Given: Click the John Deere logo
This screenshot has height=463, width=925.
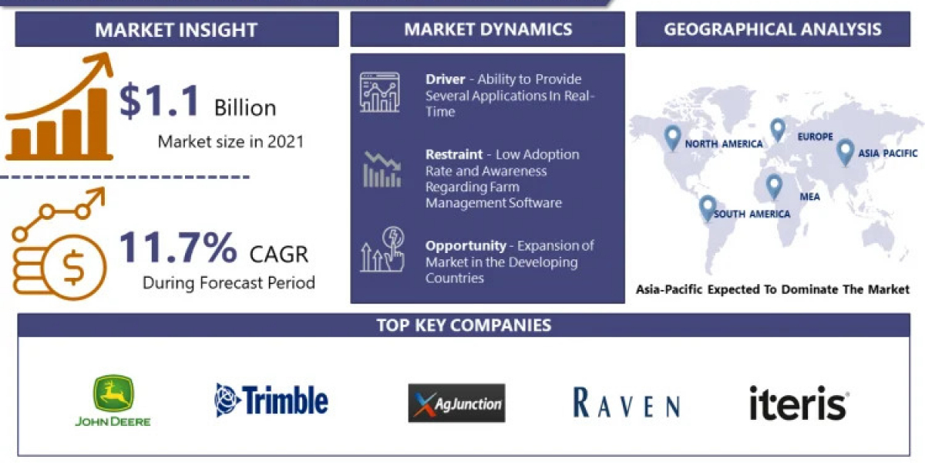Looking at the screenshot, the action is [x=113, y=400].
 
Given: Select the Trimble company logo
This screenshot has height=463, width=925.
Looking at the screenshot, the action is [x=271, y=400].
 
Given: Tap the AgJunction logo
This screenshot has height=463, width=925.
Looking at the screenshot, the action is [x=456, y=403].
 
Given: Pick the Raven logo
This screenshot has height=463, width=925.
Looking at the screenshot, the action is [x=627, y=402].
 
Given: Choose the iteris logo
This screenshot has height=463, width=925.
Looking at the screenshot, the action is [x=799, y=403].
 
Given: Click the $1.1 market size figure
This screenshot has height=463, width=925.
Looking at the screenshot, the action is [x=159, y=100].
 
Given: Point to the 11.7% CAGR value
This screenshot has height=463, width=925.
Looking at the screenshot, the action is [x=177, y=247].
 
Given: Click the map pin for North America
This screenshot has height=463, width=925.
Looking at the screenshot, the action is [x=672, y=138].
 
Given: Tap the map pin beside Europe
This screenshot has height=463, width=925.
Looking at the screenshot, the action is [x=778, y=130].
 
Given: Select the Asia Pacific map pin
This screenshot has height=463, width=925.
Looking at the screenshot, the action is [x=845, y=153].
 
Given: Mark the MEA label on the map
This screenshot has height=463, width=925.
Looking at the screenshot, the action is [x=810, y=197].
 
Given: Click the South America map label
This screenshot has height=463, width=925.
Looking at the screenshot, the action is [x=752, y=215].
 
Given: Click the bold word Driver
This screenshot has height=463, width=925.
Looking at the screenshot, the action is [x=446, y=79].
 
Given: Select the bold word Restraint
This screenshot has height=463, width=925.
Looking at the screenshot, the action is [x=454, y=154].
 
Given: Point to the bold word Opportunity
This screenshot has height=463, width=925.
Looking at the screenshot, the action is [x=466, y=246].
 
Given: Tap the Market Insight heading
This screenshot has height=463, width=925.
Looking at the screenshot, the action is [x=177, y=30].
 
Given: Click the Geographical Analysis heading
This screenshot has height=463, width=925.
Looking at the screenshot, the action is [x=772, y=29].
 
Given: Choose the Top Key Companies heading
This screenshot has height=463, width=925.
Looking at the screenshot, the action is [x=464, y=326].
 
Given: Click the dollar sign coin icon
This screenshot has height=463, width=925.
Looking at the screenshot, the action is [x=73, y=268].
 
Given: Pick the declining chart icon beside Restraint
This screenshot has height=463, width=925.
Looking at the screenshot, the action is [x=382, y=170].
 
